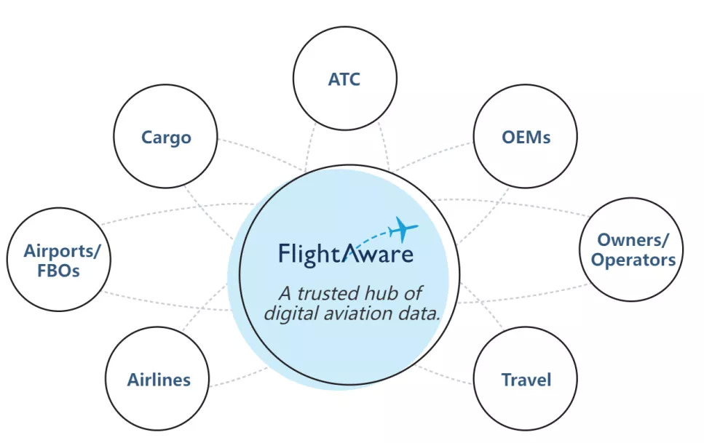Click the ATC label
(x=344, y=79)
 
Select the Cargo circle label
(x=166, y=137)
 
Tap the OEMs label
(x=526, y=137)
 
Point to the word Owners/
(x=633, y=240)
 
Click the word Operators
(x=633, y=260)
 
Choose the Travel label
(x=526, y=380)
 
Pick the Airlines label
(x=159, y=380)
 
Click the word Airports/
(x=62, y=251)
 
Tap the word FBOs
(x=58, y=271)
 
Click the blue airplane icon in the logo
(x=403, y=229)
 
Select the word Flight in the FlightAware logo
(x=311, y=255)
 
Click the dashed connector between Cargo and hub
(x=261, y=154)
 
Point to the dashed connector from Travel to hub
(x=445, y=375)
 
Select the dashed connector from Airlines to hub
(x=239, y=377)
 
